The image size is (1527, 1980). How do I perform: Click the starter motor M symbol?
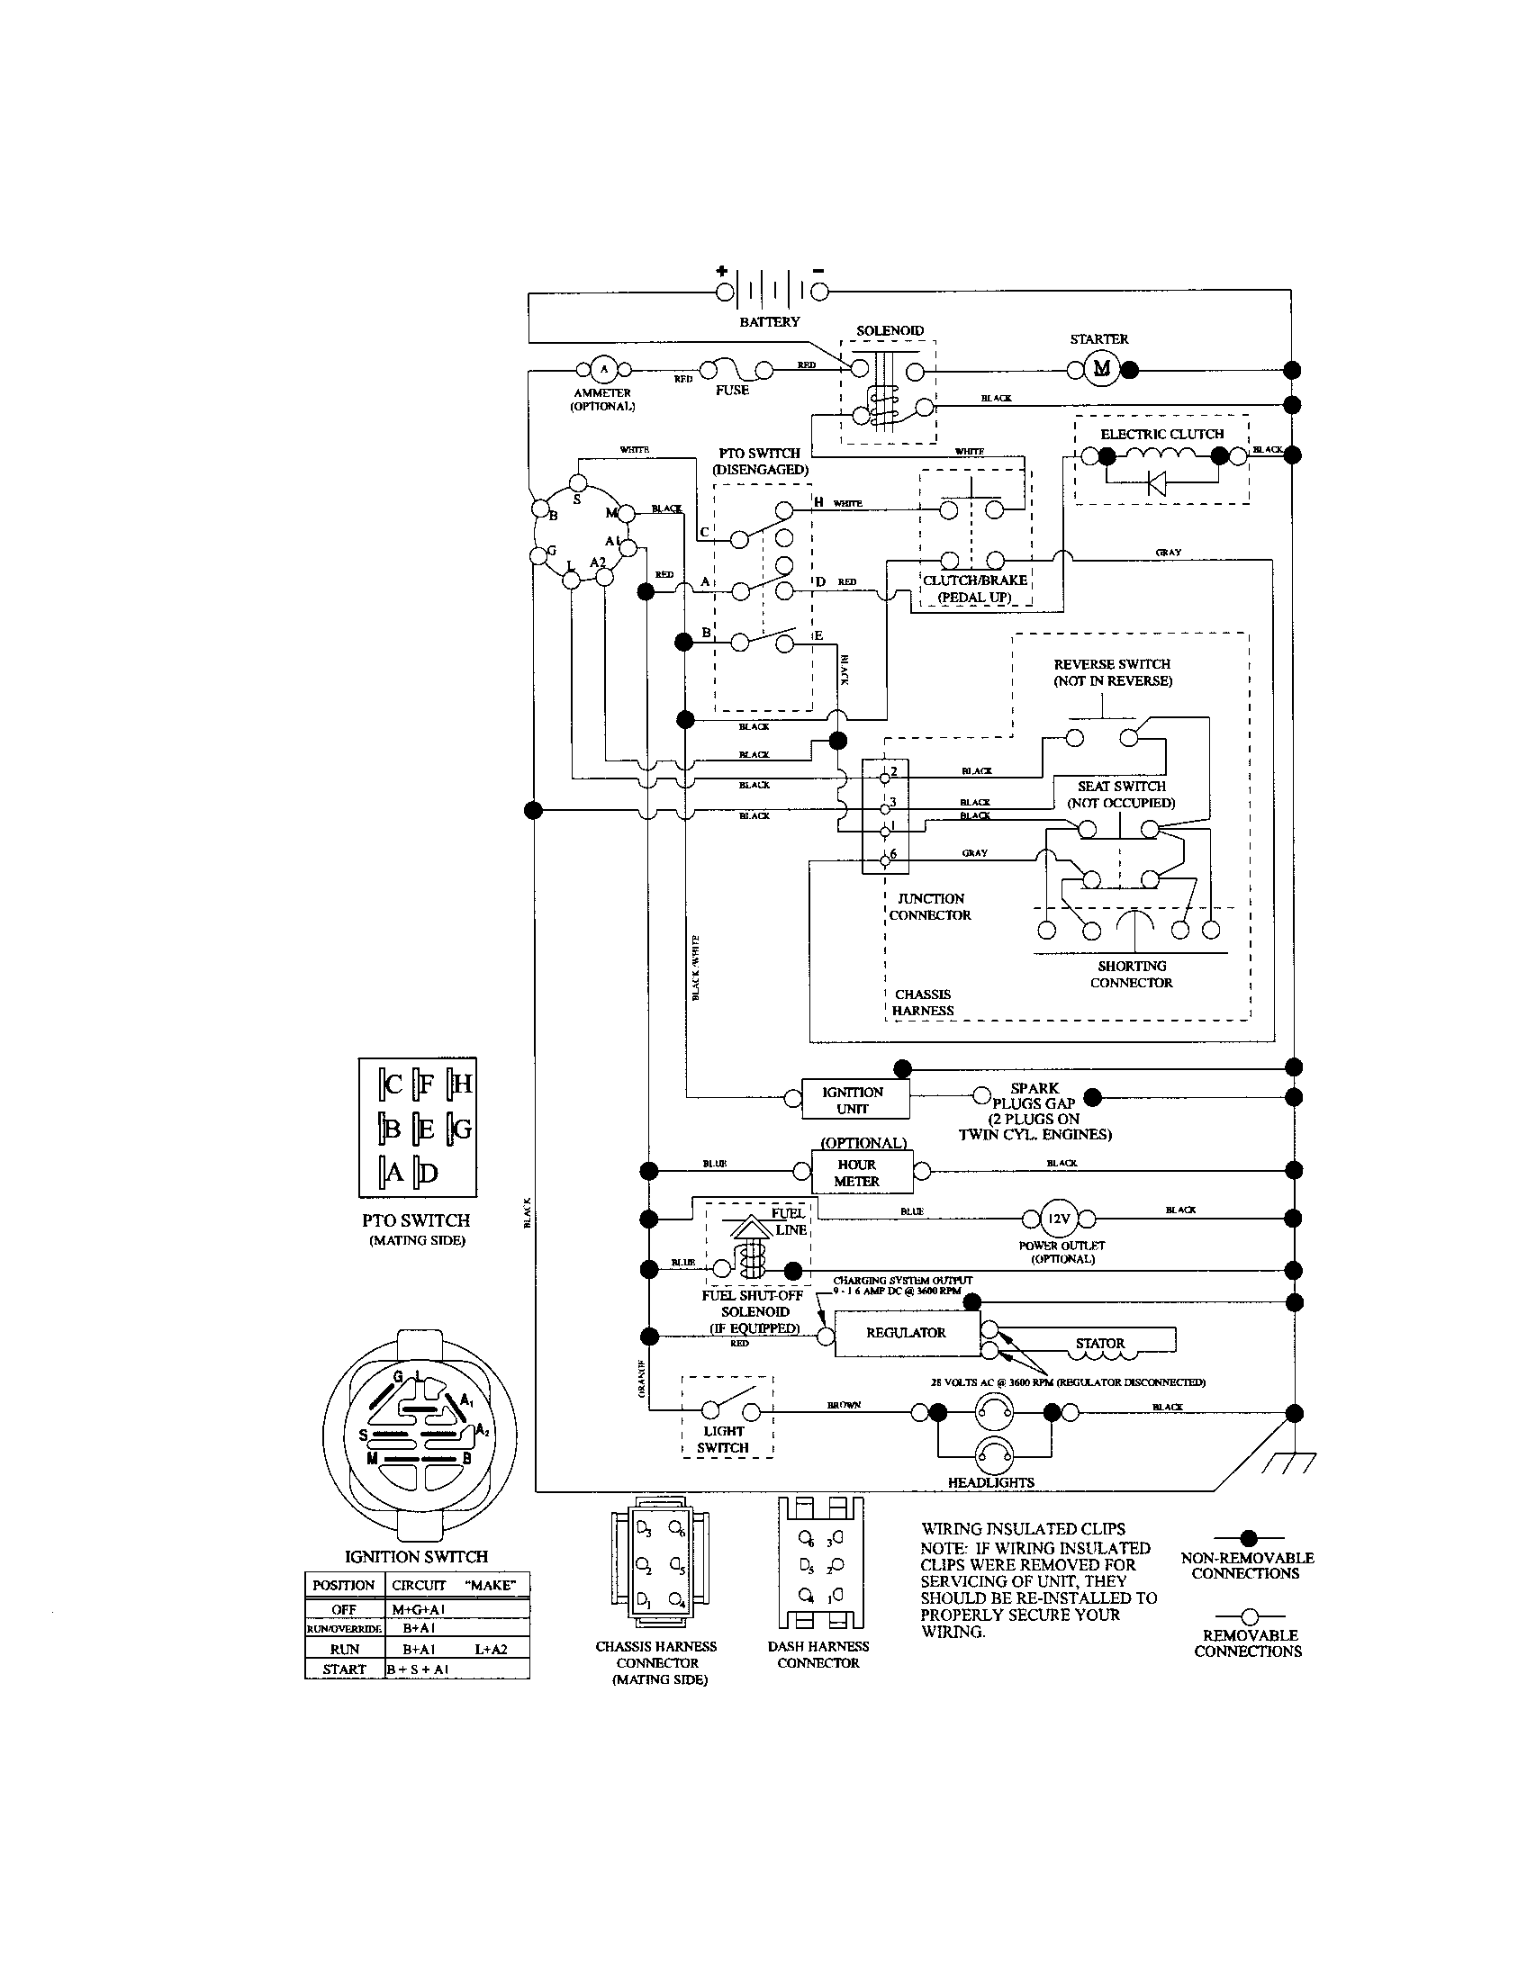click(1101, 368)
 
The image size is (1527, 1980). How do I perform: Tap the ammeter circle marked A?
click(604, 369)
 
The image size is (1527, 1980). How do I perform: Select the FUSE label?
click(732, 391)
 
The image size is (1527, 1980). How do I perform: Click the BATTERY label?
click(769, 322)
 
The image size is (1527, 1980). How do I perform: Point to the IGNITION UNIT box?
click(854, 1100)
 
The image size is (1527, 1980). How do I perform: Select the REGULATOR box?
click(906, 1333)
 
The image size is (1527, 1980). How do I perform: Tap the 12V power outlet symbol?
click(1058, 1219)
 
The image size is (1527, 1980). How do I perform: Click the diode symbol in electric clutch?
click(1158, 482)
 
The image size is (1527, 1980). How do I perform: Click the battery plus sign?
click(722, 270)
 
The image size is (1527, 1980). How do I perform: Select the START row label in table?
click(344, 1669)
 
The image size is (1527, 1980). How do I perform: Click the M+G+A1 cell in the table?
click(418, 1609)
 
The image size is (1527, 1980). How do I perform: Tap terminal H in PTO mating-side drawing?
click(461, 1084)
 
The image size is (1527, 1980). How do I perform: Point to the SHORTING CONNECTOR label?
click(1131, 974)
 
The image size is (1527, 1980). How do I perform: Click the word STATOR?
click(1100, 1344)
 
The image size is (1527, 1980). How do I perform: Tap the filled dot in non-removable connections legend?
click(1249, 1536)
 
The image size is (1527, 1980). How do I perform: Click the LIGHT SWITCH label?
click(723, 1440)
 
